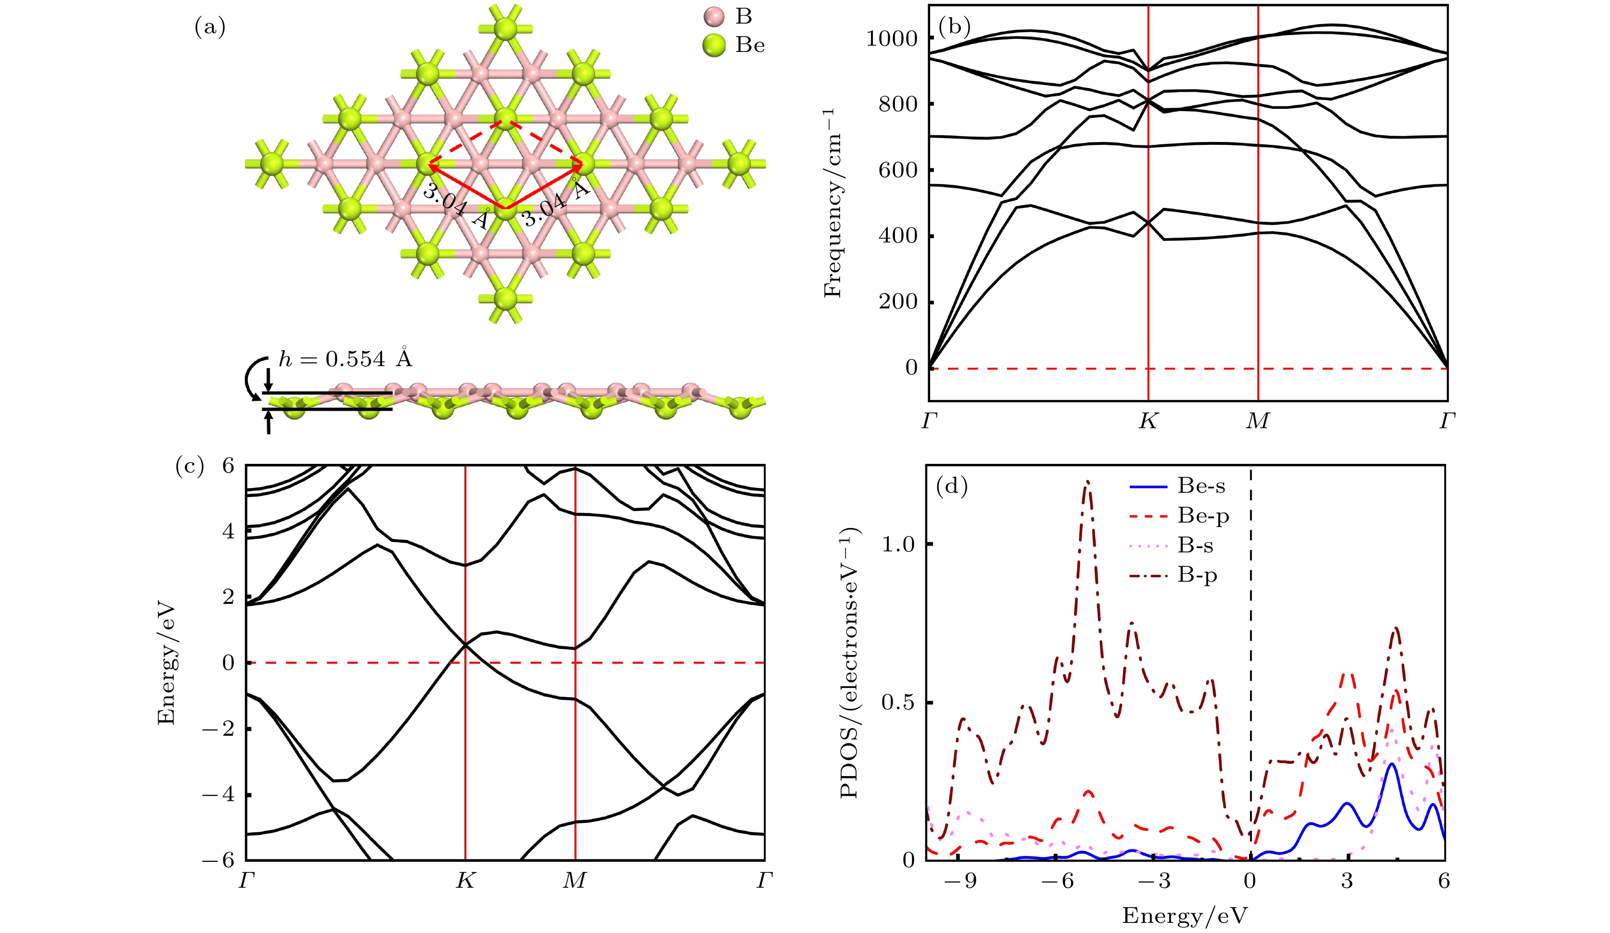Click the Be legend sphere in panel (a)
[x=714, y=45]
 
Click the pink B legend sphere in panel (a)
[x=714, y=17]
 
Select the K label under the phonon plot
[x=1148, y=421]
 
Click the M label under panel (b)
[x=1257, y=421]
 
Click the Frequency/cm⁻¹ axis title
[x=832, y=203]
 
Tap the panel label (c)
[x=190, y=467]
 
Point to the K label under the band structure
[x=465, y=881]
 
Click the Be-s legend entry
[x=1201, y=486]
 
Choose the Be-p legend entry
[x=1203, y=516]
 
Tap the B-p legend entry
[x=1197, y=575]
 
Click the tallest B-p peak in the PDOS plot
[x=1087, y=484]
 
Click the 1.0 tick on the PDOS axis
[x=898, y=545]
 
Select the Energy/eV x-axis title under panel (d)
[x=1185, y=916]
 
